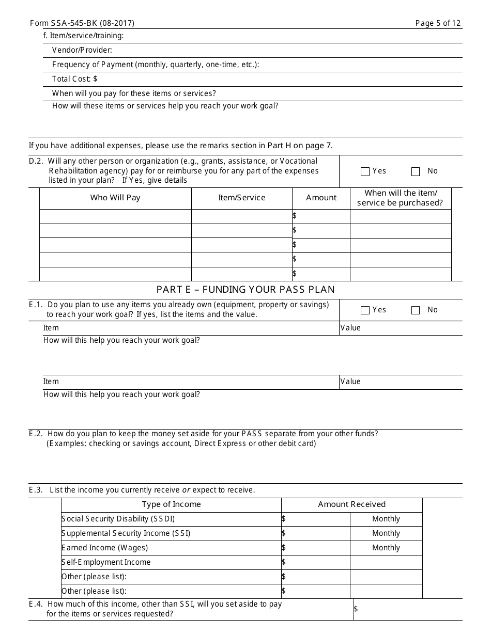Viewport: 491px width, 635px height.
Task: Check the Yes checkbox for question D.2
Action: [365, 172]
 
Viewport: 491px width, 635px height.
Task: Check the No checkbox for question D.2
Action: [416, 172]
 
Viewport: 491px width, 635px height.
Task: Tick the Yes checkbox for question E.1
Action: [365, 310]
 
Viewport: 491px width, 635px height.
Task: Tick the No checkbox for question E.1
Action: [416, 310]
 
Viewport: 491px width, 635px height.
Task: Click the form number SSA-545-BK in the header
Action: [82, 23]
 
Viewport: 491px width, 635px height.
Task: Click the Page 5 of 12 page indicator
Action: [438, 23]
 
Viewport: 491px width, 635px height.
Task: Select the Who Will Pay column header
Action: [115, 198]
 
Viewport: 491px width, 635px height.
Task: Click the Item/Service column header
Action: [241, 198]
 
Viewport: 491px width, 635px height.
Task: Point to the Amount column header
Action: [321, 198]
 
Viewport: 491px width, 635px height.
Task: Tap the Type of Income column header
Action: [171, 504]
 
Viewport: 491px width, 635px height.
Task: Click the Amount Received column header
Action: [351, 504]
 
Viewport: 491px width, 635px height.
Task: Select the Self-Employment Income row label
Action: [106, 562]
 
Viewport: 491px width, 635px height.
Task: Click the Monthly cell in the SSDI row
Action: [386, 519]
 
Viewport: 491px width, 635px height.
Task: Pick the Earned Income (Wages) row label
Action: [104, 548]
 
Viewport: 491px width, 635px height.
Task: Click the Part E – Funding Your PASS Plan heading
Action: [245, 290]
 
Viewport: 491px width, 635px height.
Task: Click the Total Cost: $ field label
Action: [74, 79]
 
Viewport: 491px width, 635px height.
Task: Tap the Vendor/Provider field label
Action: [82, 50]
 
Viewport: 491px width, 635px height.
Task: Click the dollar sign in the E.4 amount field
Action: [356, 609]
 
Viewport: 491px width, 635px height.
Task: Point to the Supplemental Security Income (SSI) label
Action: [126, 533]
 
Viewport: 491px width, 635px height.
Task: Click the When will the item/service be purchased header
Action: [401, 198]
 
